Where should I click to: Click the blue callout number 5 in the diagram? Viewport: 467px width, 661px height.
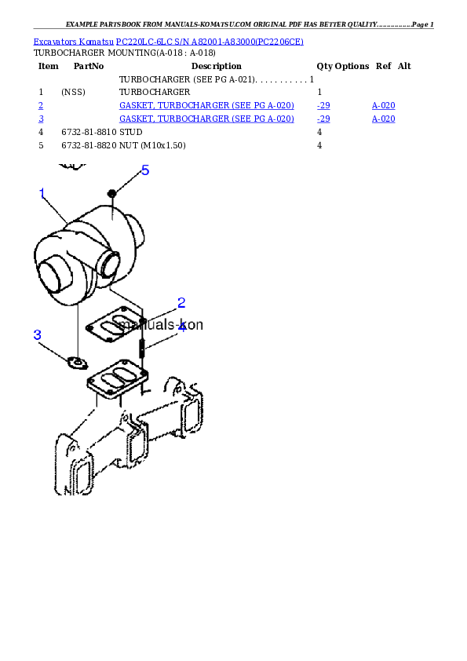pos(145,170)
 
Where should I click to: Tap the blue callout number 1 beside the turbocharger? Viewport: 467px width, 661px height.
pos(42,193)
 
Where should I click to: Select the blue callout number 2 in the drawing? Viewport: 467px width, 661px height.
pos(181,303)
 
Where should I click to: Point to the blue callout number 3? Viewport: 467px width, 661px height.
pos(37,334)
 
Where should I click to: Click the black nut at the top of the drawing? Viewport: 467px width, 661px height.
pos(111,193)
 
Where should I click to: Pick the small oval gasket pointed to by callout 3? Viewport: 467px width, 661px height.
pos(78,363)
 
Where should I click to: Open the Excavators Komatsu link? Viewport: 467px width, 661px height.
pos(73,42)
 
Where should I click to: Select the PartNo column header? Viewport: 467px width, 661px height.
pos(89,66)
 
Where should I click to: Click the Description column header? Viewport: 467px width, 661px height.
pos(216,66)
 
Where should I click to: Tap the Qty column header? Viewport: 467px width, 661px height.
pos(324,66)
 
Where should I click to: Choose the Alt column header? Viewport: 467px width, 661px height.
pos(404,66)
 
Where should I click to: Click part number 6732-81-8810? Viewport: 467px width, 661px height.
pos(89,132)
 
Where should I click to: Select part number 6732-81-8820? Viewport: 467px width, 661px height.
pos(89,145)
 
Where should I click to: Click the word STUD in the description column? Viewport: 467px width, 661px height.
pos(130,132)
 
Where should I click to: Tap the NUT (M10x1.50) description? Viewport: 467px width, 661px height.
pos(152,145)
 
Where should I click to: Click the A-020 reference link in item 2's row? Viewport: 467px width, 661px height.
pos(384,106)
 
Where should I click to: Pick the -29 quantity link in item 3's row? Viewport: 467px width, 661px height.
pos(323,119)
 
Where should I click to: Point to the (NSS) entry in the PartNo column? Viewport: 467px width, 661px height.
pos(73,92)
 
